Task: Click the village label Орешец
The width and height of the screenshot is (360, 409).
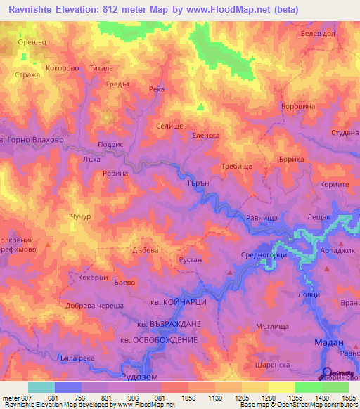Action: tap(31, 42)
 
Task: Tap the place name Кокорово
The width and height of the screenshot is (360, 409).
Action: tap(62, 68)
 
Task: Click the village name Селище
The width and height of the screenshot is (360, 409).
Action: tap(169, 126)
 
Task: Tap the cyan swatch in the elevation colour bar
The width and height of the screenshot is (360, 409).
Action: tap(41, 387)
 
